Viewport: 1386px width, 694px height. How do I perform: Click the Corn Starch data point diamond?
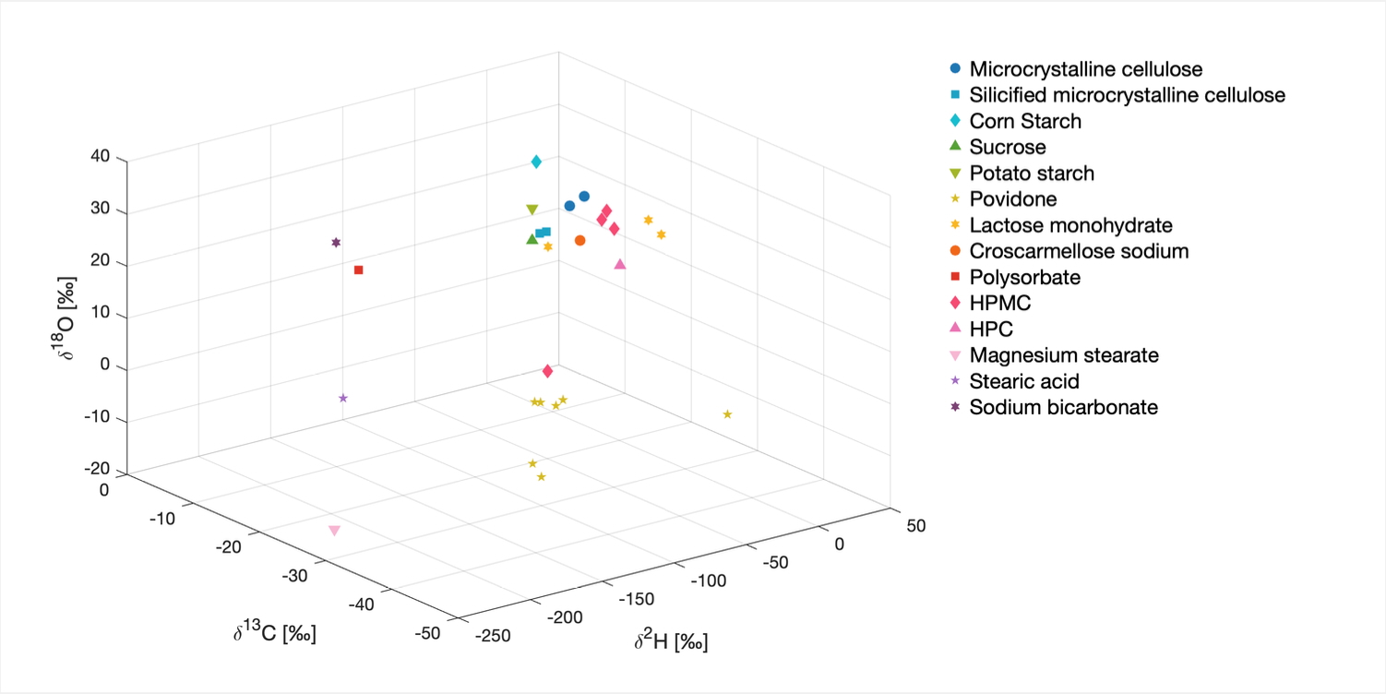pyautogui.click(x=536, y=162)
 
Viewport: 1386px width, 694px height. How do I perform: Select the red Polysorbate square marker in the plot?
pyautogui.click(x=358, y=269)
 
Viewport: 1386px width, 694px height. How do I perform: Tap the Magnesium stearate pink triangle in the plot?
pyautogui.click(x=334, y=531)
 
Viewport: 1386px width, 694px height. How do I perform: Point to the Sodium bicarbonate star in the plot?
pyautogui.click(x=336, y=243)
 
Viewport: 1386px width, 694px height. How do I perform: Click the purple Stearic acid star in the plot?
pyautogui.click(x=343, y=398)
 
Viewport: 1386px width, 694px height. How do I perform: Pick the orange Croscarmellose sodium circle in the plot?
pyautogui.click(x=579, y=241)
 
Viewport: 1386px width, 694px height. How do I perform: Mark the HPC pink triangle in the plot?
pyautogui.click(x=620, y=265)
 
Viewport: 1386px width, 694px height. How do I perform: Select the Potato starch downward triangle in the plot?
pyautogui.click(x=532, y=210)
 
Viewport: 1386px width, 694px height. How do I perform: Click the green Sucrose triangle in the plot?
pyautogui.click(x=532, y=239)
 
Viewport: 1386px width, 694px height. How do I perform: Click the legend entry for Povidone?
pyautogui.click(x=1013, y=199)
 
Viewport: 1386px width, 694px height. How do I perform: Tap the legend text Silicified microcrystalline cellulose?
pyautogui.click(x=1127, y=95)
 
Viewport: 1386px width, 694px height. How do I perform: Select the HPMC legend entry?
pyautogui.click(x=999, y=303)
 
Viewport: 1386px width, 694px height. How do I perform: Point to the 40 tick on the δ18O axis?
pyautogui.click(x=101, y=158)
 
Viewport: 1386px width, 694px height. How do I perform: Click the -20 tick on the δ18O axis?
pyautogui.click(x=97, y=469)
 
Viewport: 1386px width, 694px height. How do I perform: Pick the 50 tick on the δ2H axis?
pyautogui.click(x=915, y=525)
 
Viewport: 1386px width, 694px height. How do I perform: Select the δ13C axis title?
pyautogui.click(x=275, y=634)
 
